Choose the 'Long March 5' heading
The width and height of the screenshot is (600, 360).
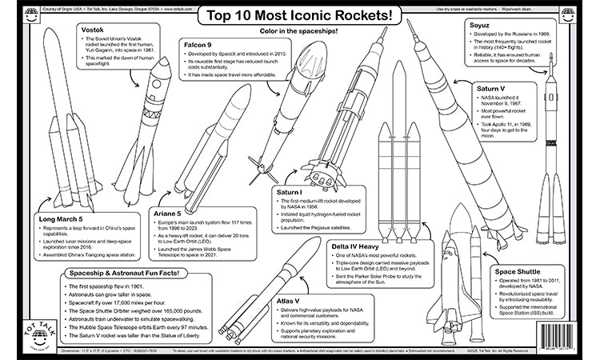tap(59, 218)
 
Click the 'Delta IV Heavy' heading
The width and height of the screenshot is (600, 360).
tap(361, 247)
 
